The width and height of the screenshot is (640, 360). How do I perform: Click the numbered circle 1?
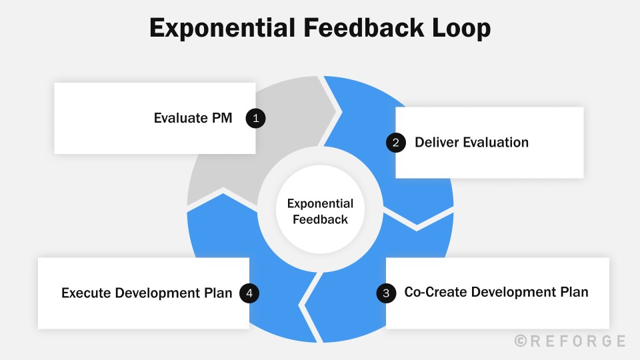(x=255, y=119)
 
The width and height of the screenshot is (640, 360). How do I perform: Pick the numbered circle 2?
(x=396, y=142)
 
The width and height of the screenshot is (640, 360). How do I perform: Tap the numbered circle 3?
(x=386, y=293)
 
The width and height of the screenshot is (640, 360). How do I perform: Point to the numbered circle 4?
(x=249, y=293)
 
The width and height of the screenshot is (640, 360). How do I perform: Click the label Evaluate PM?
(x=193, y=119)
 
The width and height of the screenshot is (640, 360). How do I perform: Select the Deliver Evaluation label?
(x=471, y=142)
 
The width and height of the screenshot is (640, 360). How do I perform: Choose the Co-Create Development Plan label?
(x=496, y=293)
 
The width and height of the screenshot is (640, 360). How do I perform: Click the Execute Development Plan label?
(x=147, y=293)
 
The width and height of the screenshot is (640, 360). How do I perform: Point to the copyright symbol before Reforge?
(x=521, y=341)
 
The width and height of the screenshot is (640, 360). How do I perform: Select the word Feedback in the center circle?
(x=320, y=219)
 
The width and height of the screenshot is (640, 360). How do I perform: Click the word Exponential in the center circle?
(x=320, y=204)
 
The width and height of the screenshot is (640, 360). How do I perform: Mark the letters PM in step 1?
(x=221, y=119)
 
